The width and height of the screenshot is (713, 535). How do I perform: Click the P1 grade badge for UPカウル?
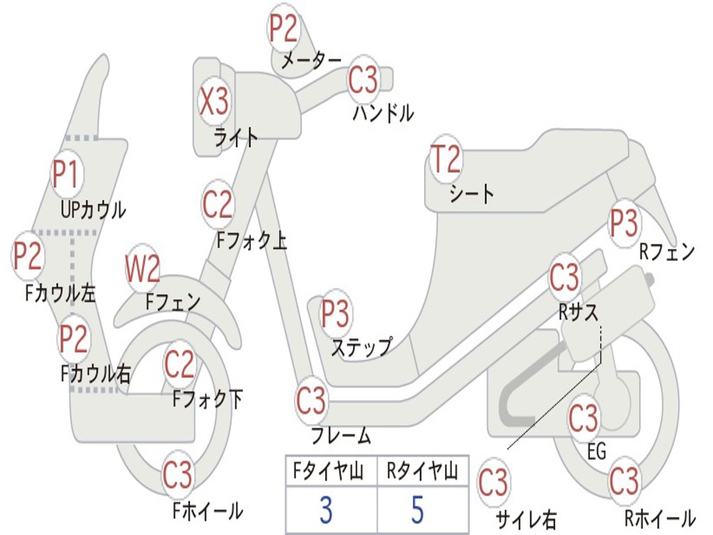[67, 175]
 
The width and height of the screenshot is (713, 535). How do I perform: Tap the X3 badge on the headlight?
[214, 102]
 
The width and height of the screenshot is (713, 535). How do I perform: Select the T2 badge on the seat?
[446, 160]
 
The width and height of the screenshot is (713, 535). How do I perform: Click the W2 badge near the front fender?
[143, 269]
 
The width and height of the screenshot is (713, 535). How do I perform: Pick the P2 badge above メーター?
[284, 28]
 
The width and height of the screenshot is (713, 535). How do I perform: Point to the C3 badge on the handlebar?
[363, 80]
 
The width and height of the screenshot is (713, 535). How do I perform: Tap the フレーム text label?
[340, 437]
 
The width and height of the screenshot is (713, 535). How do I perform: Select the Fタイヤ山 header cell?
[330, 472]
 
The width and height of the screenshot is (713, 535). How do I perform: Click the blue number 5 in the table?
[418, 511]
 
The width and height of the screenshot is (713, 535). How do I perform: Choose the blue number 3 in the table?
[325, 511]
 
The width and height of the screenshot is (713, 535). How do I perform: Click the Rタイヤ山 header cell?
[423, 472]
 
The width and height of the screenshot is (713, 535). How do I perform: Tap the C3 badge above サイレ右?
[493, 483]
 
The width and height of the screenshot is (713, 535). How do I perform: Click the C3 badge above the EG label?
[583, 418]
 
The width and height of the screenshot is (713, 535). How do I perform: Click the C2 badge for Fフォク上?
[218, 204]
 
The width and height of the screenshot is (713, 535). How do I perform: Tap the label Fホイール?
[207, 511]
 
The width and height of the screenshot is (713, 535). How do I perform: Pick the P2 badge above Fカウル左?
[28, 256]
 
